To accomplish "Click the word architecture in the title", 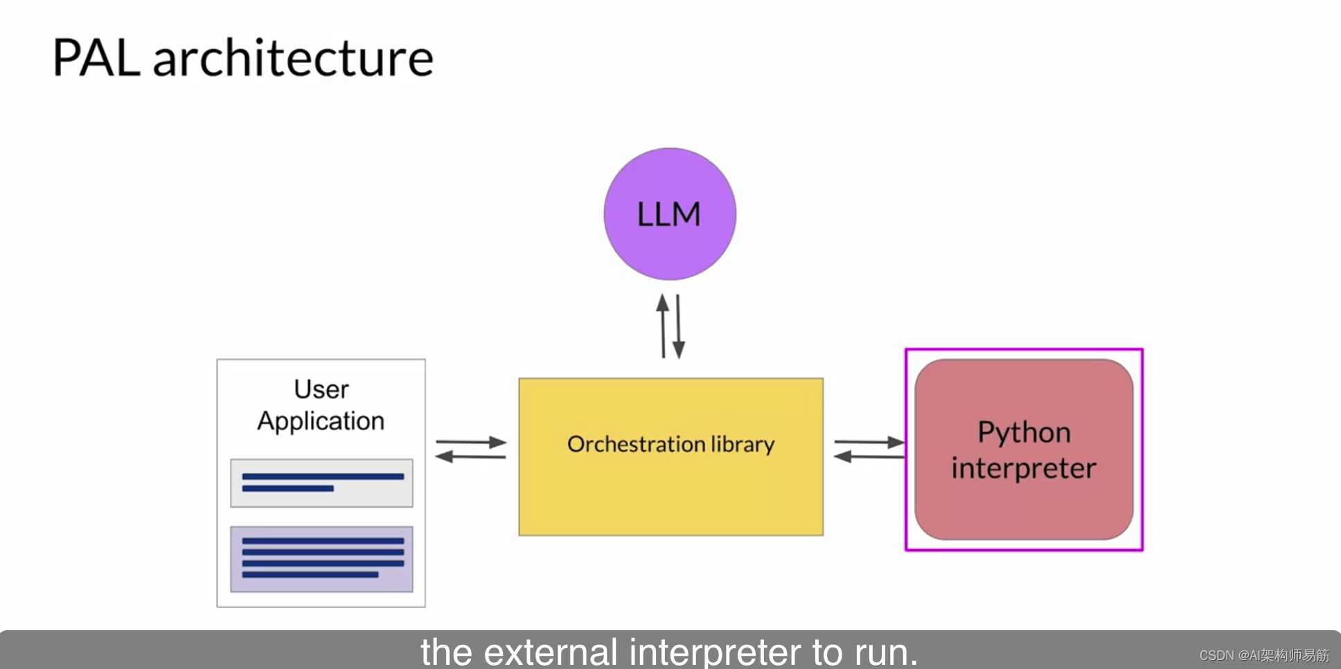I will [x=292, y=58].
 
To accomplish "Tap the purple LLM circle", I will [x=669, y=213].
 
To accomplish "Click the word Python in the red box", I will [x=1024, y=433].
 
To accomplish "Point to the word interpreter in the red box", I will [x=1023, y=469].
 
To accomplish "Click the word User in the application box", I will [x=321, y=389].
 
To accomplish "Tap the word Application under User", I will [x=321, y=421].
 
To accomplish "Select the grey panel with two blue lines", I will [x=321, y=483].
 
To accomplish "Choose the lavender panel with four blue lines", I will [x=321, y=559].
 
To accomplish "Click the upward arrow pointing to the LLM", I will [x=663, y=325].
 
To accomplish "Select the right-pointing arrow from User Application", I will [x=471, y=442].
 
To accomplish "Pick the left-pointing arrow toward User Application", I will [x=470, y=456].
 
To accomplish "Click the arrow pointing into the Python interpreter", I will [x=869, y=442].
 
